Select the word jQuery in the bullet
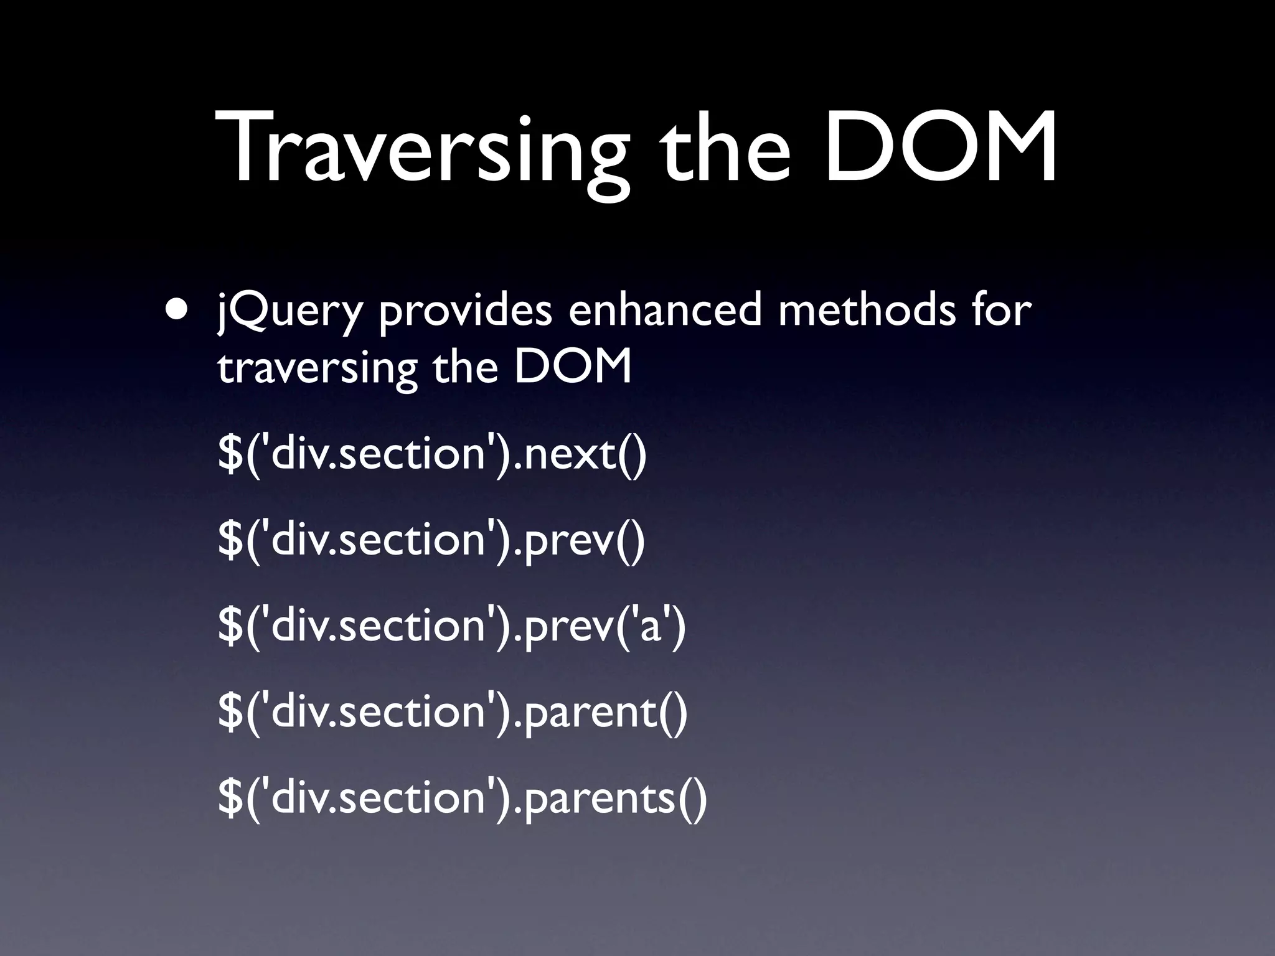click(289, 311)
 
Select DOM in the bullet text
click(573, 367)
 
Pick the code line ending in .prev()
click(431, 540)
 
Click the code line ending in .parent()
click(453, 711)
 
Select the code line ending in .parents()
click(463, 797)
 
